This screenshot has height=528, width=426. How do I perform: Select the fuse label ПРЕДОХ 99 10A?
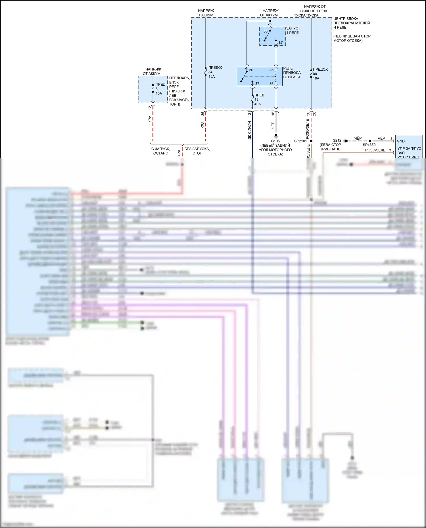(x=320, y=74)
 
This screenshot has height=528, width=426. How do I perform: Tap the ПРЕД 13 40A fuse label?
(x=259, y=100)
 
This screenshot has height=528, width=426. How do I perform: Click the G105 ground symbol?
(x=275, y=136)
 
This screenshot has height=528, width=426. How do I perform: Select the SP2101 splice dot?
(x=311, y=141)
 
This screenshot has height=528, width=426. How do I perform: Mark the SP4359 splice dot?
(x=370, y=141)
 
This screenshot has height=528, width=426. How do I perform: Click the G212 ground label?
(x=337, y=140)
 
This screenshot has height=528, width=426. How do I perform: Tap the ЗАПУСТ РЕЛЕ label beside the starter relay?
(x=293, y=30)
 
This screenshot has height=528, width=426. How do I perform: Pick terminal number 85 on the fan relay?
(x=271, y=70)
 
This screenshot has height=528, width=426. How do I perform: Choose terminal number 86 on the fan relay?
(x=271, y=84)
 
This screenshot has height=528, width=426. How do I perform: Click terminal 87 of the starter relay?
(x=281, y=43)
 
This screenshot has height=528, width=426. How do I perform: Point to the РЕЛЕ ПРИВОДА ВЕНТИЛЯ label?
(x=292, y=73)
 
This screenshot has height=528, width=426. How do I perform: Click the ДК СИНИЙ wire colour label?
(x=250, y=130)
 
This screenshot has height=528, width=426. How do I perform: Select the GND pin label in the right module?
(x=401, y=141)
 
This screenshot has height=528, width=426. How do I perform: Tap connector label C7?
(x=279, y=114)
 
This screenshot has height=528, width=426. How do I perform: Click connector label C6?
(x=314, y=114)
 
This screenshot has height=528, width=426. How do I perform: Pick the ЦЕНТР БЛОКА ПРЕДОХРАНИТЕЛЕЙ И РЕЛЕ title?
(x=351, y=23)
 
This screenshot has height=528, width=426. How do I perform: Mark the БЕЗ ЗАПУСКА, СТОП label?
(x=197, y=151)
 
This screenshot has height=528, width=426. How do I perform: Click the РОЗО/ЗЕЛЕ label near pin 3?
(x=375, y=150)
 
